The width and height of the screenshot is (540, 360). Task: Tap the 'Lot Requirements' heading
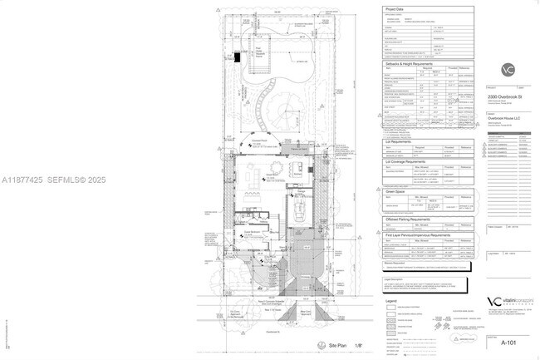(x=400, y=141)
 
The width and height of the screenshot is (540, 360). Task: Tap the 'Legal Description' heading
(x=395, y=279)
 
